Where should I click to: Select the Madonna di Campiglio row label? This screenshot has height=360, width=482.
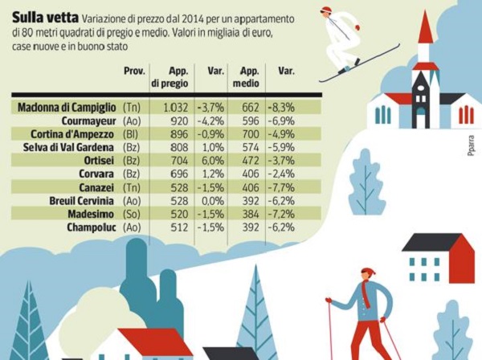[67, 107]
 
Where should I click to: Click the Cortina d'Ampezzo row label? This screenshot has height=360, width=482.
[69, 133]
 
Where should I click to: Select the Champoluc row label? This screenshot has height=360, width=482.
[88, 227]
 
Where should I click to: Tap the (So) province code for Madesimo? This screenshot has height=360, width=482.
[131, 214]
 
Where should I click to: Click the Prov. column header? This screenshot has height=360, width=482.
[133, 72]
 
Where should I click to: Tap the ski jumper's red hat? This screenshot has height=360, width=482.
[326, 12]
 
